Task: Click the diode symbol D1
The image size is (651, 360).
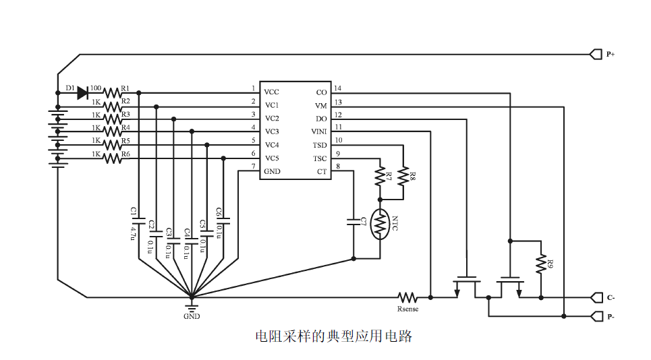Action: point(83,92)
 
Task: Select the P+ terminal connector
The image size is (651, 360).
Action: point(596,54)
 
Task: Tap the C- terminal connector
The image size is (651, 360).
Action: point(596,297)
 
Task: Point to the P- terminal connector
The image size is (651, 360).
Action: point(596,316)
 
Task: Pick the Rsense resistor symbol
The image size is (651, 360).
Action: point(408,297)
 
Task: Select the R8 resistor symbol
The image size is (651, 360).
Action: point(403,177)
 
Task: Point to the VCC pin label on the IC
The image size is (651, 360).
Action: point(272,92)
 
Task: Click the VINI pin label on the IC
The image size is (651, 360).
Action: point(319,131)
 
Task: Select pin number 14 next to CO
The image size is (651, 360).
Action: point(338,88)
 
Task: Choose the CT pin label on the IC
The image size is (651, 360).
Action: point(322,171)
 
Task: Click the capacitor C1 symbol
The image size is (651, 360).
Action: point(139,220)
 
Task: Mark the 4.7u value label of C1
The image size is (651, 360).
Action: point(133,233)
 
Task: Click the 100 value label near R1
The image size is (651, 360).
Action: point(96,88)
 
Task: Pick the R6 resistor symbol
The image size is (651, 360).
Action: point(113,158)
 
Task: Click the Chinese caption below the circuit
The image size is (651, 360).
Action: point(333,336)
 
